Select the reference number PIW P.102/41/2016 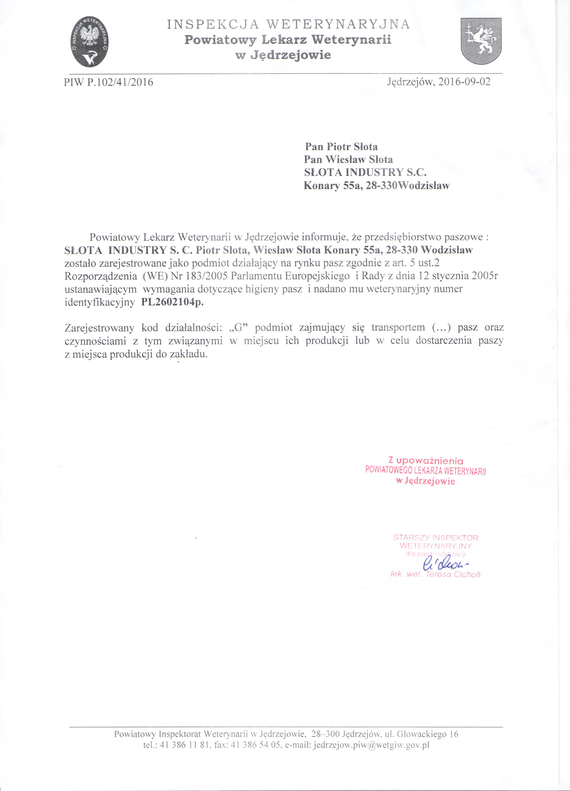click(109, 82)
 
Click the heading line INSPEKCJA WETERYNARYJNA click(288, 24)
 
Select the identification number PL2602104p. click(172, 302)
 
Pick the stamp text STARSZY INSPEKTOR click(435, 537)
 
